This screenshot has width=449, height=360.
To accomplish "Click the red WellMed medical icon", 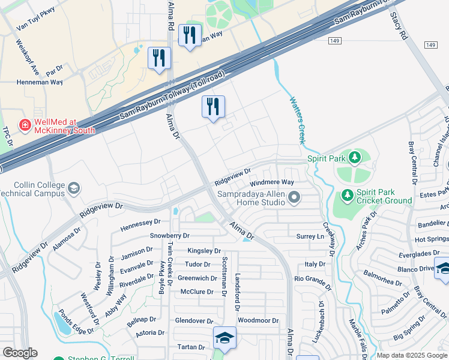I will click(x=25, y=125).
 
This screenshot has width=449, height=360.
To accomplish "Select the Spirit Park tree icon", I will click(x=355, y=158).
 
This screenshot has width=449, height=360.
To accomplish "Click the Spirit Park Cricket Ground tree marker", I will click(x=347, y=194).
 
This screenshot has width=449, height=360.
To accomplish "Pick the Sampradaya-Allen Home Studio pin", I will click(x=294, y=197).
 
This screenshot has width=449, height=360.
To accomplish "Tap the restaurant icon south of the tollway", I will click(x=213, y=107).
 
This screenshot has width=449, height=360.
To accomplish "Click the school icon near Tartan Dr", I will click(x=224, y=338).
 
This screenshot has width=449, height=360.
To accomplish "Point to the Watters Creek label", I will click(x=297, y=119).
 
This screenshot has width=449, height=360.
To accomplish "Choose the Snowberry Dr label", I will click(x=169, y=236).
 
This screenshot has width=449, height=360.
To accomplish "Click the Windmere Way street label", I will click(x=271, y=182).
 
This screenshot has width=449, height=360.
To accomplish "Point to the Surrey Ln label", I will click(x=310, y=236).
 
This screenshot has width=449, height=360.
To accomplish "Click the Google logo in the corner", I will click(x=20, y=353).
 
